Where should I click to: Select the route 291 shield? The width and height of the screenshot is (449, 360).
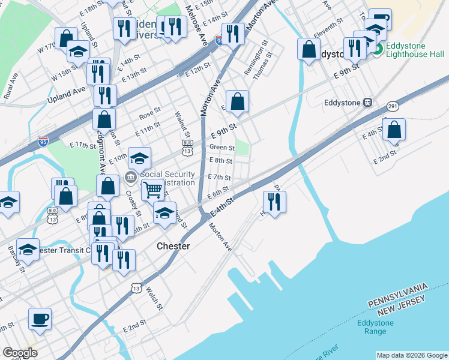tap(392, 106)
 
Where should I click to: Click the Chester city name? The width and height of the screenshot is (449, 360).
tap(173, 246)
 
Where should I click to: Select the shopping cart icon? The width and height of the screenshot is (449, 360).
tap(153, 190)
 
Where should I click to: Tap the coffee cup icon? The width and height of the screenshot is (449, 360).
tap(40, 319)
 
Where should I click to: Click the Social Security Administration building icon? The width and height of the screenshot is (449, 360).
tap(130, 178)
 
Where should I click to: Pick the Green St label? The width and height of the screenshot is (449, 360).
tap(221, 147)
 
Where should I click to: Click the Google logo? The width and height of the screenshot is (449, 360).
tap(20, 353)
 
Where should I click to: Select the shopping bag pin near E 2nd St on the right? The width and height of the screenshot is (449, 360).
tap(394, 130)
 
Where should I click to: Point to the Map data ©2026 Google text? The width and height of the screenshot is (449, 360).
tap(411, 355)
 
